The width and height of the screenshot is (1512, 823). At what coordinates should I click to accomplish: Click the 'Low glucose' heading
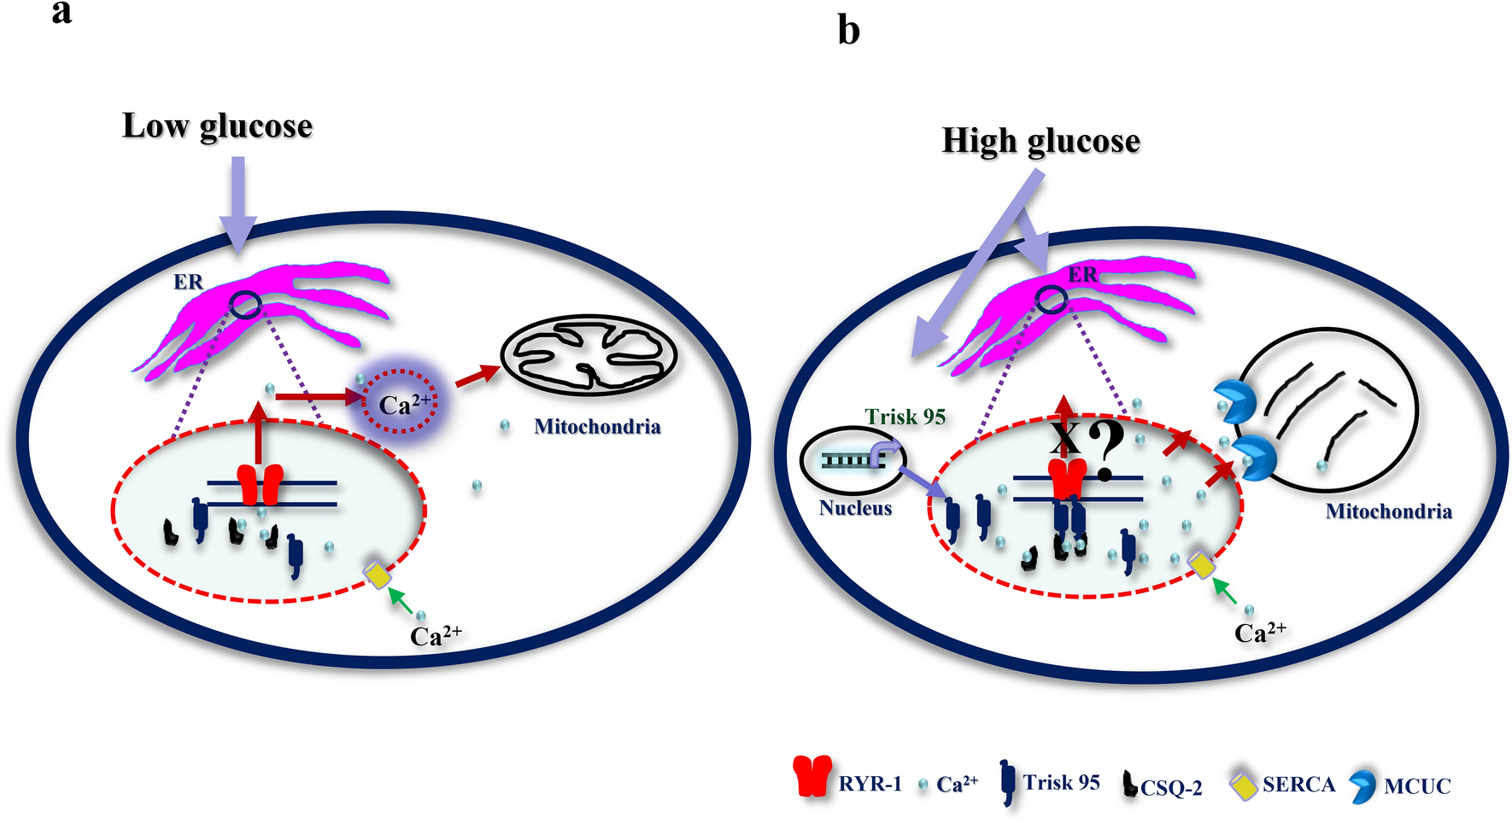[217, 126]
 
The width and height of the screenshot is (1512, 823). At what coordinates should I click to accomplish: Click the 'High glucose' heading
[1040, 141]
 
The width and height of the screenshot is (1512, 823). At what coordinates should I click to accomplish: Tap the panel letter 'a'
[62, 12]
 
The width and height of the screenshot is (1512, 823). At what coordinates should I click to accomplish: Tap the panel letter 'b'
[847, 31]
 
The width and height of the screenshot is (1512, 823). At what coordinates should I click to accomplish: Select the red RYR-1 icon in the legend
[812, 776]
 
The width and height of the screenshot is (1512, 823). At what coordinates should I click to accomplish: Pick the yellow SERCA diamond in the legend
[1244, 785]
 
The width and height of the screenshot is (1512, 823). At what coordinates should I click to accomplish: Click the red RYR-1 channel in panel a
[260, 485]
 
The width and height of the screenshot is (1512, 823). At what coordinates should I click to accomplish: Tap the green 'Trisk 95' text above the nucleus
[905, 417]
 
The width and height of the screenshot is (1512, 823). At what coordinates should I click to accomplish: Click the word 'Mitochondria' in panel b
[1388, 511]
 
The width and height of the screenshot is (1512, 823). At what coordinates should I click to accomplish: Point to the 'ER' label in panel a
[188, 282]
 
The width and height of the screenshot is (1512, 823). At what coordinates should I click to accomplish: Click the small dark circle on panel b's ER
[1052, 300]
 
